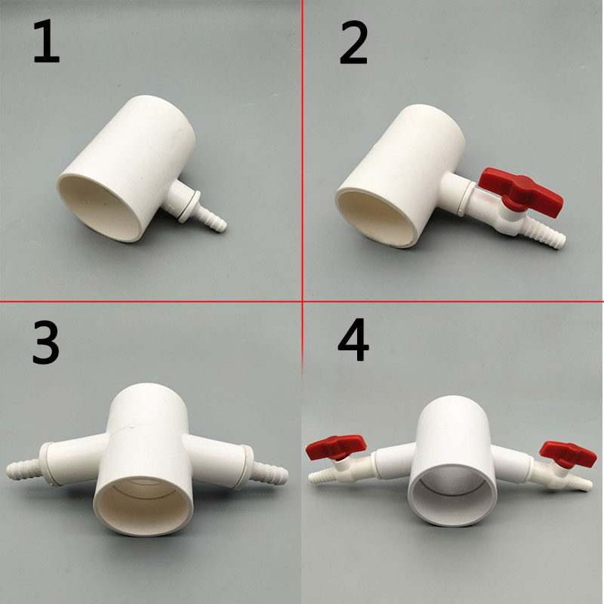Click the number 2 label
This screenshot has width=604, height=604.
click(353, 45)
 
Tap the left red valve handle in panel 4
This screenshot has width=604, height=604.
click(335, 448)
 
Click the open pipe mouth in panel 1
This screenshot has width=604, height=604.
click(103, 208)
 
